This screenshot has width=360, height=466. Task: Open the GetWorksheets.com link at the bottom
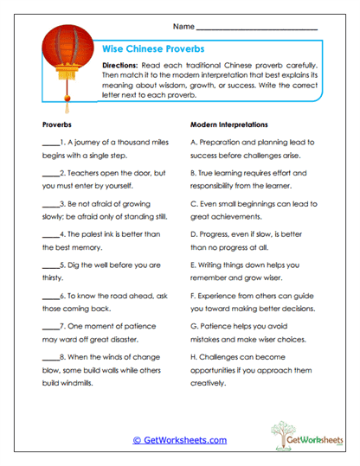coord(179,440)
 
